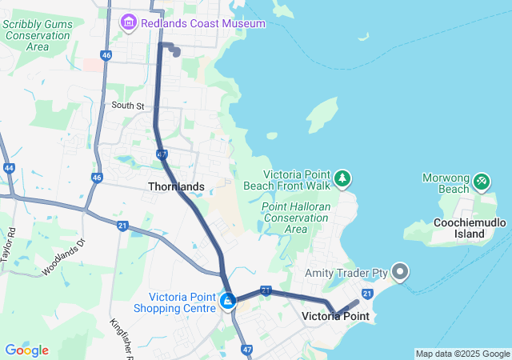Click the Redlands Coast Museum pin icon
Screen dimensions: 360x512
[128, 24]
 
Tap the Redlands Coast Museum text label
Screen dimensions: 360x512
[202, 24]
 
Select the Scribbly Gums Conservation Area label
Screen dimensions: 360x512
[38, 35]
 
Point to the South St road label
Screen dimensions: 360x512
[128, 105]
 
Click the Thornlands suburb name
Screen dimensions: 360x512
[176, 186]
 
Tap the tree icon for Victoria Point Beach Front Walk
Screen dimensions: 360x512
[342, 178]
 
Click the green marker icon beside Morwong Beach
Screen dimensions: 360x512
[481, 182]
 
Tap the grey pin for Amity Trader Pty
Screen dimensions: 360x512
[400, 273]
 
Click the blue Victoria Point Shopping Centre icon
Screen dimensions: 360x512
[228, 302]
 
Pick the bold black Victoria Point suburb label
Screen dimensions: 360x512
[334, 316]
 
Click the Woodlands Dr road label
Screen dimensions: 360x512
[64, 255]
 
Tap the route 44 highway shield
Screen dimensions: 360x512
[9, 169]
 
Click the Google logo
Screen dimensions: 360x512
[26, 350]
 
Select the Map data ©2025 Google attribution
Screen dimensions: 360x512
[462, 354]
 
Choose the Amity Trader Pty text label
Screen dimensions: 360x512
[346, 274]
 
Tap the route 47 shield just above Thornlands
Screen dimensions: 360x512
[162, 154]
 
